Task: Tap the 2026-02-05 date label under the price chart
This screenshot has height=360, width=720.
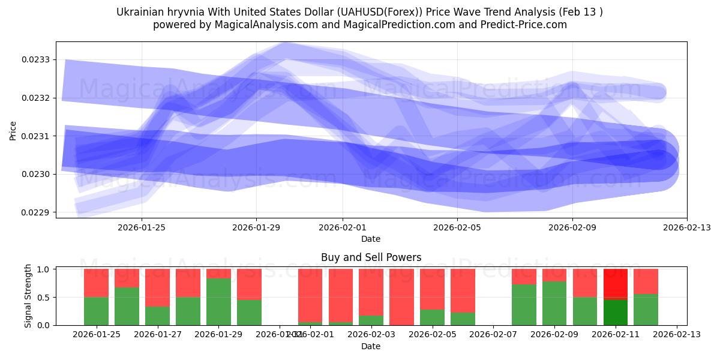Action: click(457, 227)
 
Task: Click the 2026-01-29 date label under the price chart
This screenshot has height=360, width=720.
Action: click(256, 227)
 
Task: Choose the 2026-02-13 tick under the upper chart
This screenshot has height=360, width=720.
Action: click(686, 227)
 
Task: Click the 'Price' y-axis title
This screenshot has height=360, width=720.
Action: click(13, 130)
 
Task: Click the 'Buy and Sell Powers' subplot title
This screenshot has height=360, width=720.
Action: click(371, 257)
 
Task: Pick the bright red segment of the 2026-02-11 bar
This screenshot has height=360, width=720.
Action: click(615, 283)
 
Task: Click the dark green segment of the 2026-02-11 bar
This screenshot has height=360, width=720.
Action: click(615, 312)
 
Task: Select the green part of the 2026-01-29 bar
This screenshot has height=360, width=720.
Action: click(218, 302)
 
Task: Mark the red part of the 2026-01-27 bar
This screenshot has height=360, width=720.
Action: click(157, 287)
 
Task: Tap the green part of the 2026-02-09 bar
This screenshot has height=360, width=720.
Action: click(554, 303)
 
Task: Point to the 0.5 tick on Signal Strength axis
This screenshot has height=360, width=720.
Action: click(44, 298)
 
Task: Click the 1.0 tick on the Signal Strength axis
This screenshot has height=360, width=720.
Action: click(44, 269)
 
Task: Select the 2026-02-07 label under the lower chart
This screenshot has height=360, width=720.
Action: click(493, 335)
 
